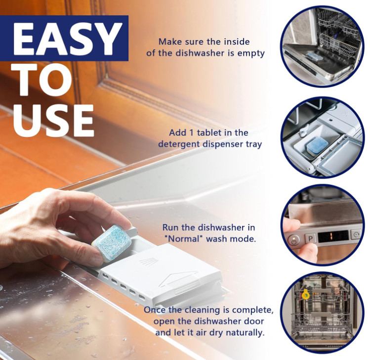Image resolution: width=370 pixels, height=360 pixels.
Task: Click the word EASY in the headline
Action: point(68,39)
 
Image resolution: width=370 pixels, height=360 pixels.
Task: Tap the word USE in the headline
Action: point(53,121)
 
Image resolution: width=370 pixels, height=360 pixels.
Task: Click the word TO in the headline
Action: point(44,80)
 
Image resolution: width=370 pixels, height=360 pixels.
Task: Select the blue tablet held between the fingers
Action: point(111,243)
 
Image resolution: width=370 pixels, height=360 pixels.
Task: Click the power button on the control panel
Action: point(293,241)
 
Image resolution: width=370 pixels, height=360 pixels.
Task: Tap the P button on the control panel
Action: point(310,238)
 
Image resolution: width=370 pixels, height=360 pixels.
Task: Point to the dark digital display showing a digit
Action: point(333,236)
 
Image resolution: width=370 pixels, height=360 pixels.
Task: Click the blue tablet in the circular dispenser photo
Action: point(317,146)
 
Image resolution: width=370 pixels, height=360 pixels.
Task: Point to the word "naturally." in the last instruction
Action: point(245,333)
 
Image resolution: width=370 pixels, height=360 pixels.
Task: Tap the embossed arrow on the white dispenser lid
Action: point(179,279)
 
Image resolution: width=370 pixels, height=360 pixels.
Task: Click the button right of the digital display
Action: point(356,234)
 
